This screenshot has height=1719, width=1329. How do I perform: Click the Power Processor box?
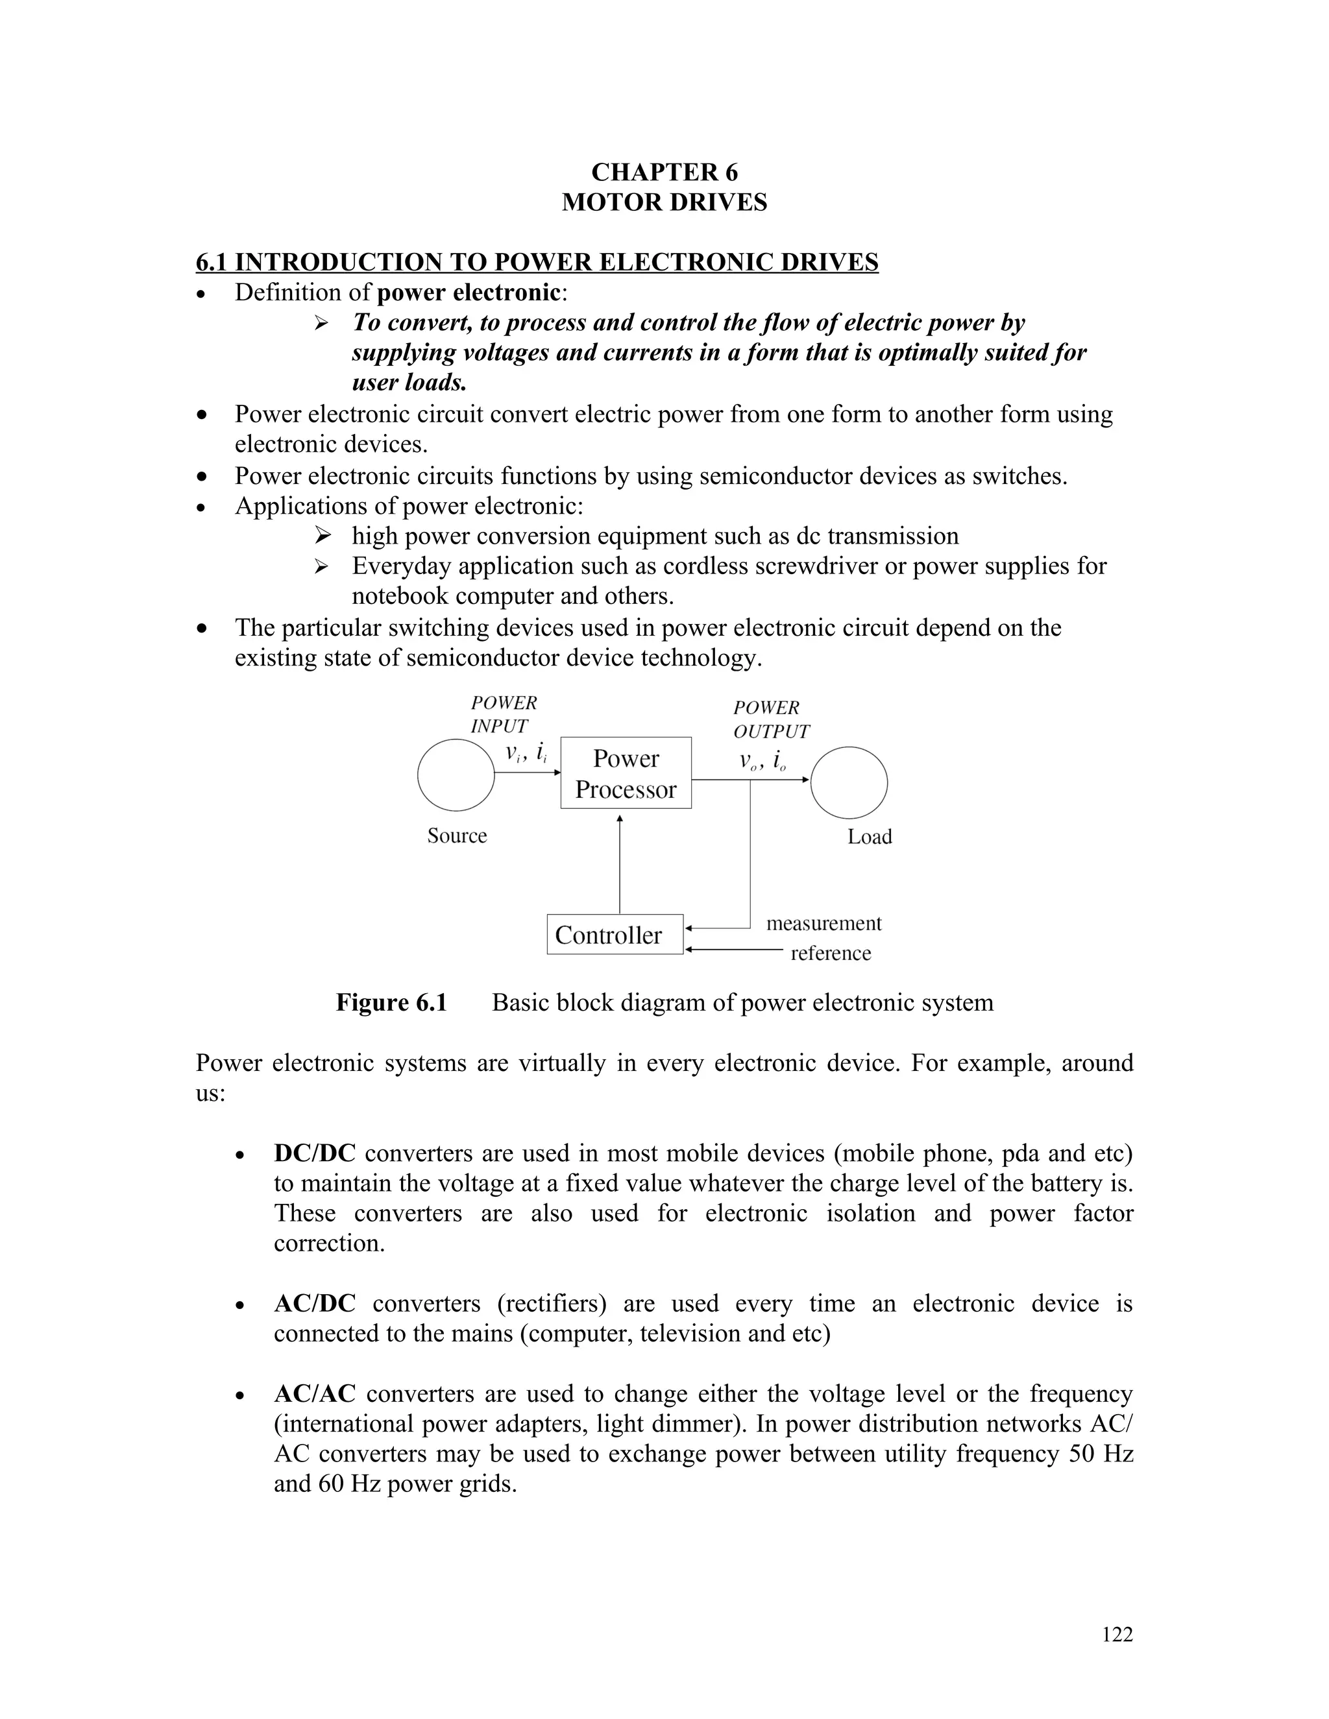(626, 773)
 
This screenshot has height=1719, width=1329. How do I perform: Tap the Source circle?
(456, 775)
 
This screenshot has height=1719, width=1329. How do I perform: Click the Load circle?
(849, 783)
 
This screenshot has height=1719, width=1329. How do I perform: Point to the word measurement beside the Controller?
(823, 923)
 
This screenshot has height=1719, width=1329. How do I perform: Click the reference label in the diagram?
(831, 953)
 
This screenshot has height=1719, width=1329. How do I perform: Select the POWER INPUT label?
(503, 715)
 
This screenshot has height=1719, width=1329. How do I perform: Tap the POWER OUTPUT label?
(770, 719)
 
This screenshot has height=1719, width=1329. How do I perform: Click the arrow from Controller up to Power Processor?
(620, 866)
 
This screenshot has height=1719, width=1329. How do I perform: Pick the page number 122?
(1116, 1635)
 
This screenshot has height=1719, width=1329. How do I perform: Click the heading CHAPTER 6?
(664, 173)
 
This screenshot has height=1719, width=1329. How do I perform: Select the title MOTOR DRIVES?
(664, 202)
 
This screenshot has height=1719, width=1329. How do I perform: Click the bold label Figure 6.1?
(391, 1003)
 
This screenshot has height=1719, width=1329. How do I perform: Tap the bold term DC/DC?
(314, 1153)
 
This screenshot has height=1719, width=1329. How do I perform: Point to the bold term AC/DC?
(314, 1303)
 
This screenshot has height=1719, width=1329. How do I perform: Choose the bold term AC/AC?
(314, 1394)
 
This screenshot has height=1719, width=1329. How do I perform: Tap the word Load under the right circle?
(869, 837)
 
